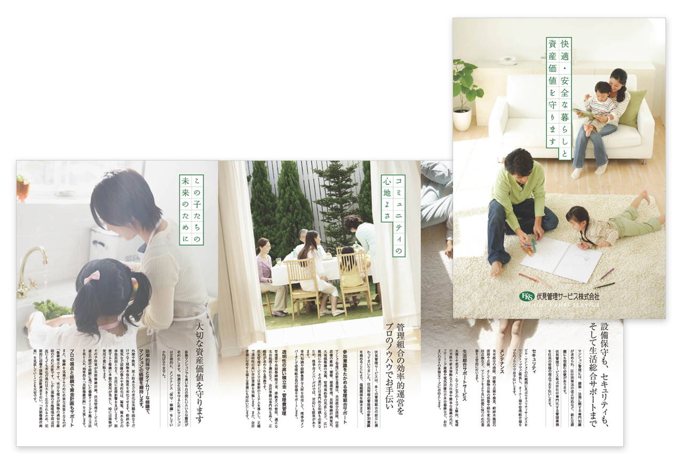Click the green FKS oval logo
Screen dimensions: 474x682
tap(528, 295)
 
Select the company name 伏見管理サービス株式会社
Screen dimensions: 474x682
tap(568, 296)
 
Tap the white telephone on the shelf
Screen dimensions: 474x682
tap(504, 59)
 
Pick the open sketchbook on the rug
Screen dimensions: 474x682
tap(560, 258)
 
